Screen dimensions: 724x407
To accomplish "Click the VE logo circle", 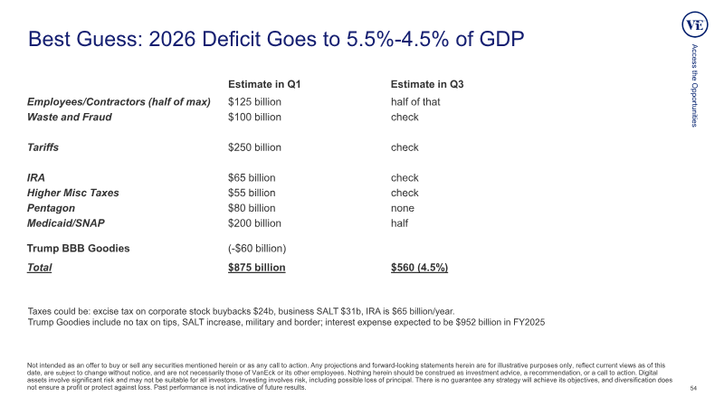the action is [x=695, y=25].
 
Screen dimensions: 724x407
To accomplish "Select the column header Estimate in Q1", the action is [x=264, y=84].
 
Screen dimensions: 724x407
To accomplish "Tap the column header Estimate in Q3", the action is [x=427, y=84].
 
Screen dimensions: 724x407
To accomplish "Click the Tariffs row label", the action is [x=43, y=147].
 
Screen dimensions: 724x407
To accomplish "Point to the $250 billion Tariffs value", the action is [x=254, y=147].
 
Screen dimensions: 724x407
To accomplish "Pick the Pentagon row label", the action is [x=51, y=208].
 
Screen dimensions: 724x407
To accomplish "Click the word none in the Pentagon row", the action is [x=402, y=208].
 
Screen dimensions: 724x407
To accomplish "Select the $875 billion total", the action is [x=257, y=268].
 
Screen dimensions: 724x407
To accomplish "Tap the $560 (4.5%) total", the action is [x=419, y=268].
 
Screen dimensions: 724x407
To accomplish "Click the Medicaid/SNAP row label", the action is [x=65, y=223].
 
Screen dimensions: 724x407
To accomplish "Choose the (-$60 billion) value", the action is [x=257, y=248].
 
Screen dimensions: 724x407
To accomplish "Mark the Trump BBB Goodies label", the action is [x=78, y=248].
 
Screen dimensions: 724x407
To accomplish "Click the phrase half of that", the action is [x=415, y=102].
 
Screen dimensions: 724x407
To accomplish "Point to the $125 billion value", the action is [x=254, y=102].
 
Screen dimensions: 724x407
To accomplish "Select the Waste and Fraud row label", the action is [x=70, y=118].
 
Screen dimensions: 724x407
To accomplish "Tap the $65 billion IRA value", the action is [x=252, y=177].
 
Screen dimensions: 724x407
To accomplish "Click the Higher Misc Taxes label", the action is [x=73, y=193].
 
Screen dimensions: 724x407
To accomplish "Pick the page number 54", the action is [x=693, y=389].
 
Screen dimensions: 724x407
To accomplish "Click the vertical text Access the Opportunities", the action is [x=694, y=85].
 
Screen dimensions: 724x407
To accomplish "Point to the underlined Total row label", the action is [x=39, y=268].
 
